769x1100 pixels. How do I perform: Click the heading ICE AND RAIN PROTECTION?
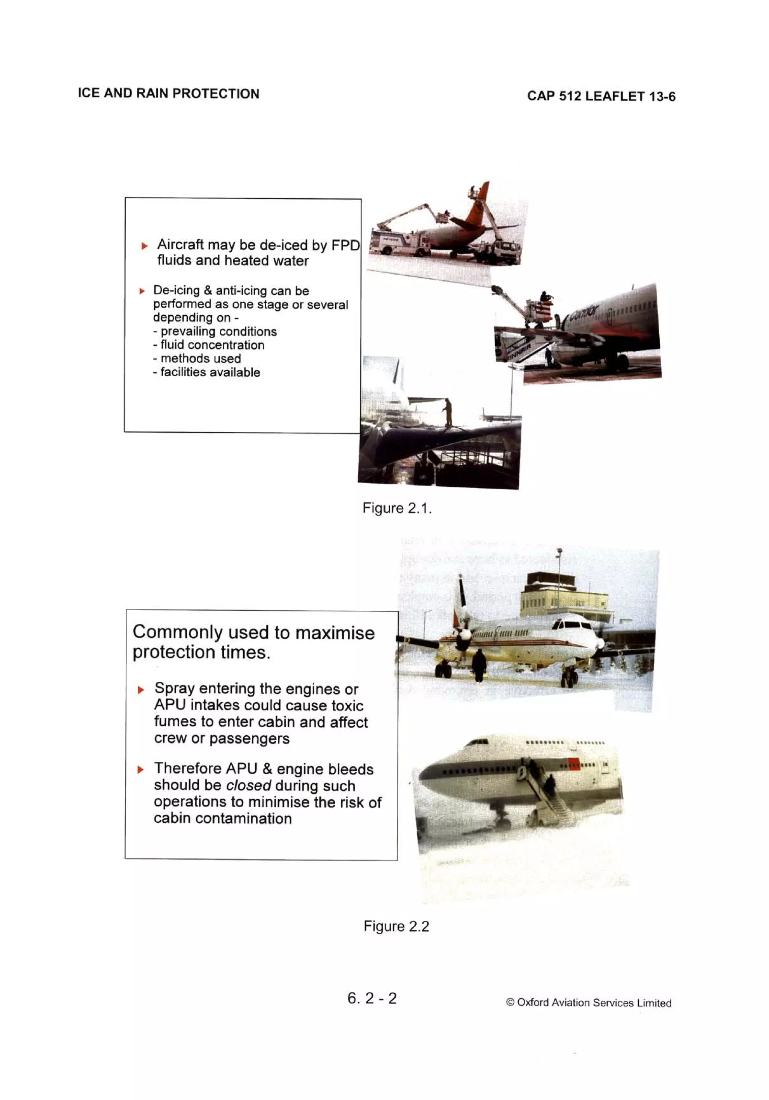pyautogui.click(x=169, y=94)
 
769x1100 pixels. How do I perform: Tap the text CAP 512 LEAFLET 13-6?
pyautogui.click(x=601, y=96)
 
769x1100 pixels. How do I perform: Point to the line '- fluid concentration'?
pyautogui.click(x=209, y=345)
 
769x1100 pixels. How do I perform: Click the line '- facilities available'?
pyautogui.click(x=207, y=372)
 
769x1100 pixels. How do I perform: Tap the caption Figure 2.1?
pyautogui.click(x=397, y=508)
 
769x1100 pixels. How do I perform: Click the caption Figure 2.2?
pyautogui.click(x=396, y=926)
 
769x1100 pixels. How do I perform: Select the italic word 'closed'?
pyautogui.click(x=248, y=786)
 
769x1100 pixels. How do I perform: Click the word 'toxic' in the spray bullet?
pyautogui.click(x=342, y=706)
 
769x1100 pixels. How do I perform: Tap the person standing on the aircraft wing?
pyautogui.click(x=448, y=412)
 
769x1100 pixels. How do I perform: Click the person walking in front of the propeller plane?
pyautogui.click(x=479, y=664)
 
